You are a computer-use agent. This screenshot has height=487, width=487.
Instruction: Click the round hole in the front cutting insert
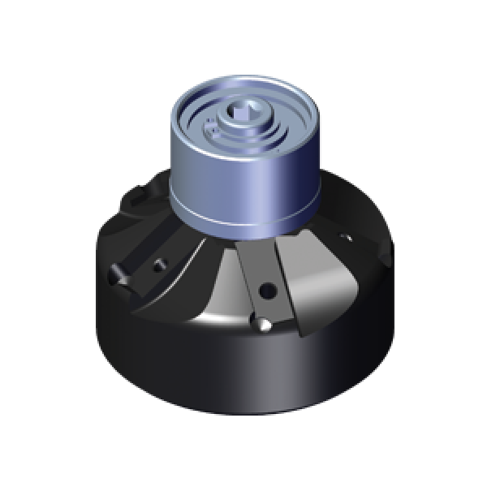pyautogui.click(x=265, y=289)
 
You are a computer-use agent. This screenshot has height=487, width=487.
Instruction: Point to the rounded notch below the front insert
pyautogui.click(x=264, y=325)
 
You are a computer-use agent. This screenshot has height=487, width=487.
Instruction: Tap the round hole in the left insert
pyautogui.click(x=160, y=264)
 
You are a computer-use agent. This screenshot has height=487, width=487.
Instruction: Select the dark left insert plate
pyautogui.click(x=146, y=268)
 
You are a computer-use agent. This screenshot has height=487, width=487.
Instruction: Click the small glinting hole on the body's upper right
pyautogui.click(x=347, y=239)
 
